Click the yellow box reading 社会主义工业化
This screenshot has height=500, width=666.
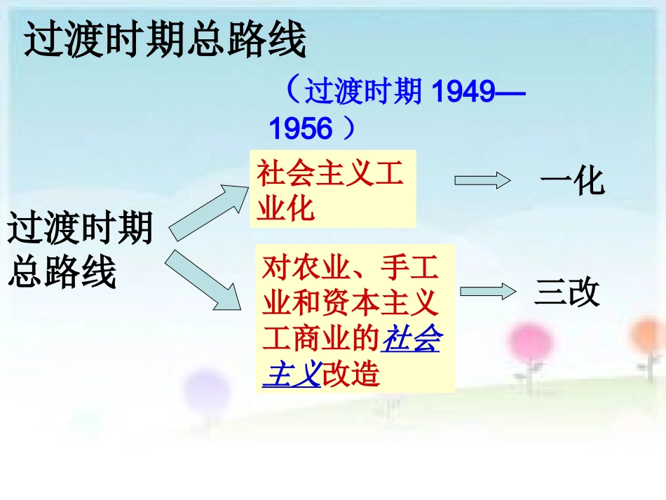point(332,189)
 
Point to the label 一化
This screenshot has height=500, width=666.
point(571,182)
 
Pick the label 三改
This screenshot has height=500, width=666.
point(567,292)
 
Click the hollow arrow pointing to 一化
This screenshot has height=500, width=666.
point(482,180)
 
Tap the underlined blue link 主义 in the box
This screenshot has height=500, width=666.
point(291,374)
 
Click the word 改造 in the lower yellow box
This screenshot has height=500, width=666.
point(350,374)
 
